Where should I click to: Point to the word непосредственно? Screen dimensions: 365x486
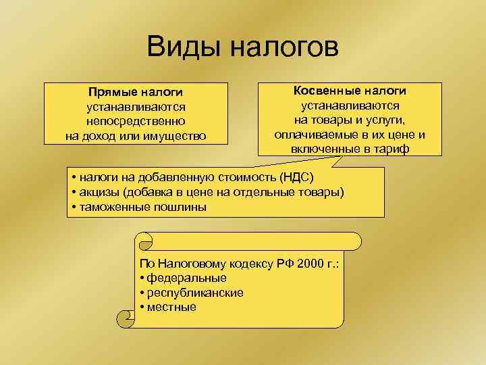click(136, 122)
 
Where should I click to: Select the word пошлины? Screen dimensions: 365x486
click(180, 208)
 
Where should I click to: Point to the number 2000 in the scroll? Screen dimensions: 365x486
click(306, 263)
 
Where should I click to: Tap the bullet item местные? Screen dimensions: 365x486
click(171, 308)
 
